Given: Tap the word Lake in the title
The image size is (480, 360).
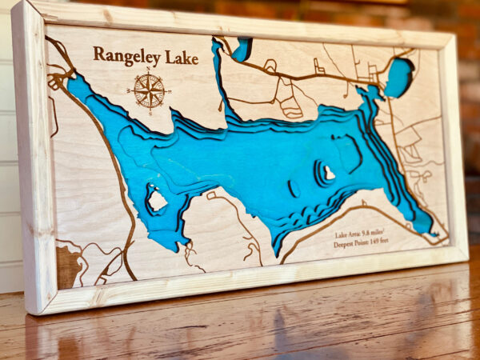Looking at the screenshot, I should (182, 57).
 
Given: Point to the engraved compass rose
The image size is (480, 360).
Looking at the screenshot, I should (149, 90).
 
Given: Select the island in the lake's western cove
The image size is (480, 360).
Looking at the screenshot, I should (157, 200).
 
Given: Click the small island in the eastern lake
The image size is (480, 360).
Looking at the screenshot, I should (329, 172).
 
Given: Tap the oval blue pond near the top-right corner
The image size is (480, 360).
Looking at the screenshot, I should (398, 77).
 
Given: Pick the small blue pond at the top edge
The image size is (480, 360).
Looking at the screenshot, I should (242, 49).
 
